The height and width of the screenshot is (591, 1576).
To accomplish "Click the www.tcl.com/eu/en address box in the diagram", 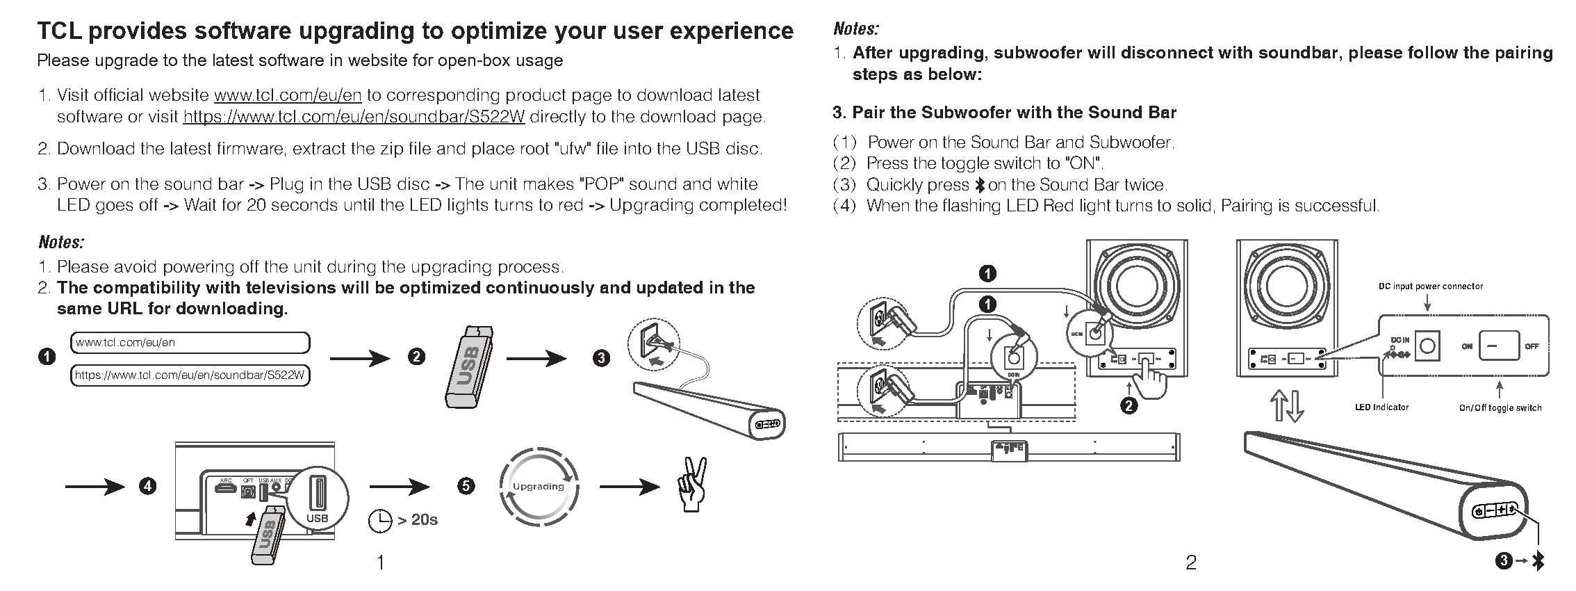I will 190,343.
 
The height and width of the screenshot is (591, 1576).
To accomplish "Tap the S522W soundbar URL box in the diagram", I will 190,375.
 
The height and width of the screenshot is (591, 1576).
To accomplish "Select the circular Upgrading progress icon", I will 539,487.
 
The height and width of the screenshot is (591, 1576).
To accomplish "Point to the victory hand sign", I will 693,485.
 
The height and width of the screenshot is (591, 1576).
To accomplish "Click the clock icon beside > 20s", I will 379,520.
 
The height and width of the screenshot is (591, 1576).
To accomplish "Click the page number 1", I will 380,562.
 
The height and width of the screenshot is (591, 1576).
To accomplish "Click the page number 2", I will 1191,562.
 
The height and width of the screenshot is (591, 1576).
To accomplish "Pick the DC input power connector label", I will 1431,286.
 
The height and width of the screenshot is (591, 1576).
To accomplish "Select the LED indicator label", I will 1381,407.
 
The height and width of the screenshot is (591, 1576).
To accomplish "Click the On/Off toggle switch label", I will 1500,408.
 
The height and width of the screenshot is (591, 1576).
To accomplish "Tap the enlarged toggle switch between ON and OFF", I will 1499,346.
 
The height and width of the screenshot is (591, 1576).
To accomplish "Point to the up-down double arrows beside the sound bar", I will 1286,406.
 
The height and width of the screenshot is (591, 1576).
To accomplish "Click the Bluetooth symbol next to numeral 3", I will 1538,561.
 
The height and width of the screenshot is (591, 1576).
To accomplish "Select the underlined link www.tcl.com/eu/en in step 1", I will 288,95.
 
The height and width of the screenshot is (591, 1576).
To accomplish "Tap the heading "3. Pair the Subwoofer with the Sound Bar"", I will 1004,113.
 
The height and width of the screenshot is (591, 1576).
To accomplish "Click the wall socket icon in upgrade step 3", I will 651,342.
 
